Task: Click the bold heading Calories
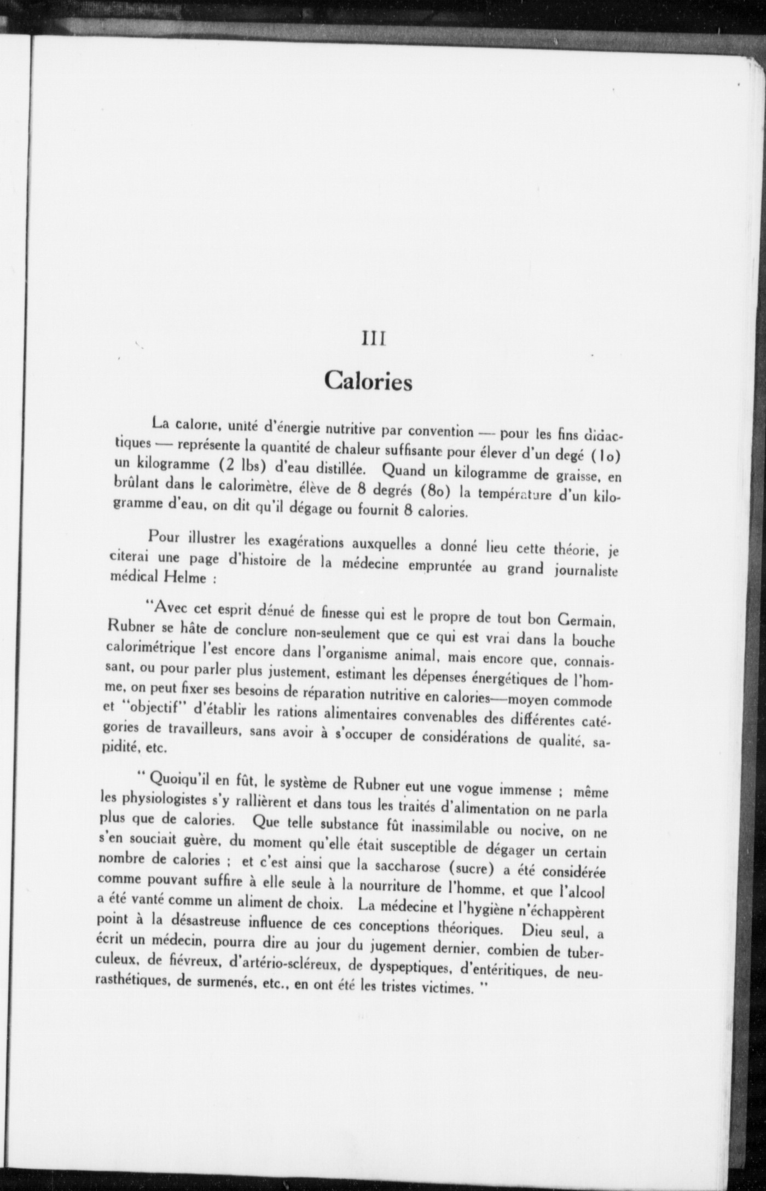click(368, 381)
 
